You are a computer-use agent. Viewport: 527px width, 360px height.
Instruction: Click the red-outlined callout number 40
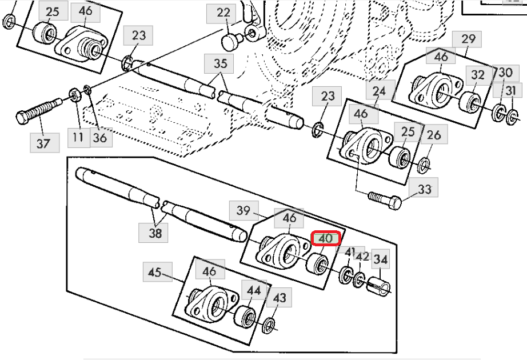(326, 238)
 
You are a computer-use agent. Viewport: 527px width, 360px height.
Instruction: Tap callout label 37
(45, 143)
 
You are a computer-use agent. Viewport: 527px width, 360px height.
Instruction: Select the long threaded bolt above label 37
(39, 110)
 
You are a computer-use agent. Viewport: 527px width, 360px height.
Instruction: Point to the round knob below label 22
(230, 42)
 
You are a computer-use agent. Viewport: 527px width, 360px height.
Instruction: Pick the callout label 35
(221, 63)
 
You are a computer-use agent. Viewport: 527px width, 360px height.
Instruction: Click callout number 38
(154, 232)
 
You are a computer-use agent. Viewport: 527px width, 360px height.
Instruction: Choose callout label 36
(100, 138)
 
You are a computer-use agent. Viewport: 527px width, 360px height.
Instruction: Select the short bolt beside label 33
(385, 199)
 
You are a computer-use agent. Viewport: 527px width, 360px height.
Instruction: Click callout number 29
(467, 39)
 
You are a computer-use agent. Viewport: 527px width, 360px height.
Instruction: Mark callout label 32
(478, 75)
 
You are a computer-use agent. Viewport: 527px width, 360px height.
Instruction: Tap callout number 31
(510, 90)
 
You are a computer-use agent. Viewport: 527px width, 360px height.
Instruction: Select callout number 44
(254, 290)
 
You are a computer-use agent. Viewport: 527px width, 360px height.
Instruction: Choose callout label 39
(243, 210)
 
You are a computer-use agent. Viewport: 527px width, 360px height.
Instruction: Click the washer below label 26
(425, 165)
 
